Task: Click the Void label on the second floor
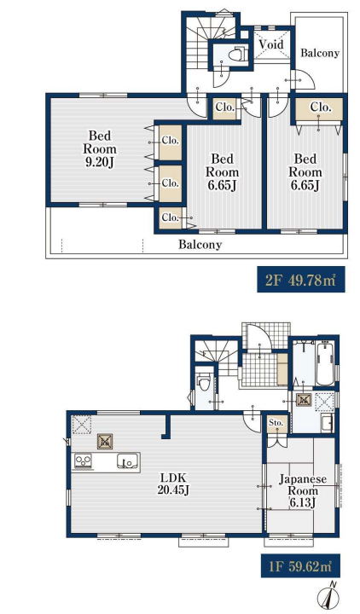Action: coord(270,44)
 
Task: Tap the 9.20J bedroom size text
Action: coord(100,162)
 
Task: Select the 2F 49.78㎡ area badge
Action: coord(301,279)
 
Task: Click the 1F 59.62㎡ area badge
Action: coord(300,566)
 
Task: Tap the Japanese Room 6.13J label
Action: coord(302,491)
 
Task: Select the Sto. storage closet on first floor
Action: coord(276,424)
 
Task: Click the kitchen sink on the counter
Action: coord(127,460)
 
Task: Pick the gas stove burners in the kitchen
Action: coord(83,460)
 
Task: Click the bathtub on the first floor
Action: coord(325,364)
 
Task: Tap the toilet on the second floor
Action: coord(236,55)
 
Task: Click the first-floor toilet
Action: coord(203,382)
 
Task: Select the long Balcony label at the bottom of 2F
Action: coord(200,245)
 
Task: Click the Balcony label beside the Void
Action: coord(320,53)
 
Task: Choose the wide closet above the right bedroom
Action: coord(319,107)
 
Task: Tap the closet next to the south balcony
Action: coord(170,217)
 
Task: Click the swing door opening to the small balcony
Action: coord(303,80)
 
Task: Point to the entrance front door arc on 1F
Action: coord(259,338)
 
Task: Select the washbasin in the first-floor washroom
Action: coord(328,423)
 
